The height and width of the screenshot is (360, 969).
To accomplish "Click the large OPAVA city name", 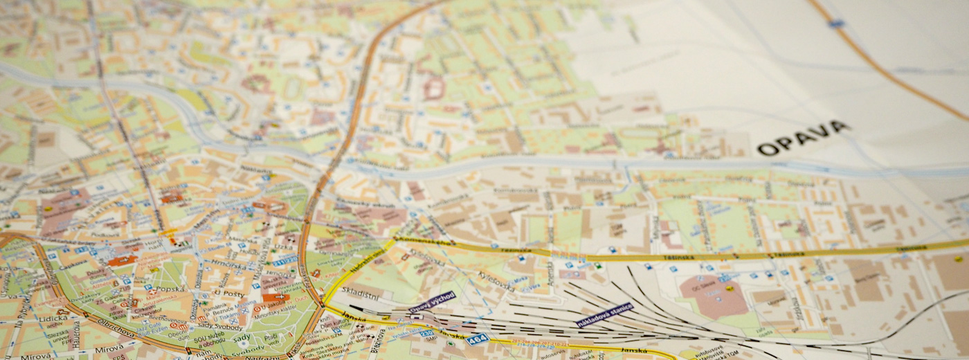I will (802, 138).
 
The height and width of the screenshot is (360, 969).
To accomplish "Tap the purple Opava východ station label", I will (433, 301).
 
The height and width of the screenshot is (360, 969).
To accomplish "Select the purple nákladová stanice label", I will (604, 314).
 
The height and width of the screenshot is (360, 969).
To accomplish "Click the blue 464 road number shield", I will (476, 339).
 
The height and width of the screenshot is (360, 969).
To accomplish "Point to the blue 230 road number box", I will (428, 333).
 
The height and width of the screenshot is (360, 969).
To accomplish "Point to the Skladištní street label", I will (360, 293).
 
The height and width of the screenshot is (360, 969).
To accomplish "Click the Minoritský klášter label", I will (277, 310).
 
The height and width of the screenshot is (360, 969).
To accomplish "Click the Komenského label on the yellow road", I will (424, 242).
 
